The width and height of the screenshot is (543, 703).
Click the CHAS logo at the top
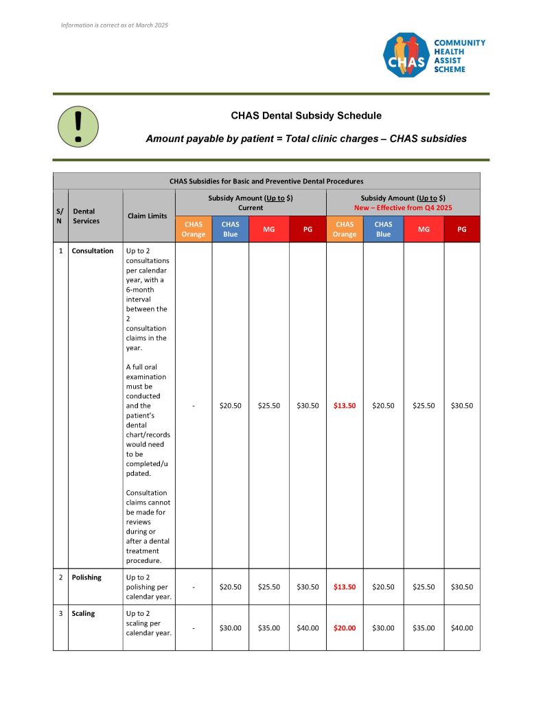click(406, 56)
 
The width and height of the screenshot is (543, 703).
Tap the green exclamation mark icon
click(78, 126)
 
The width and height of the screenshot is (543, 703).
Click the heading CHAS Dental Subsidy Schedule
click(306, 115)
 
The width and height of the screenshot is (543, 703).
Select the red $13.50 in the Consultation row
click(345, 406)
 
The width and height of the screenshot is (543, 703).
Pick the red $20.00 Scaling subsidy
click(345, 627)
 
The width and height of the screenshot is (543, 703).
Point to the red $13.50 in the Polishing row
click(345, 587)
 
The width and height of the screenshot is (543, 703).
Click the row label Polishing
click(86, 577)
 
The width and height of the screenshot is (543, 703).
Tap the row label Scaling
click(83, 614)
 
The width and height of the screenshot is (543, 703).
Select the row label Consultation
click(93, 251)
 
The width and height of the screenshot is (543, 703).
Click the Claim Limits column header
click(148, 216)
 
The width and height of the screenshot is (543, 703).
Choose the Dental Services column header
click(86, 216)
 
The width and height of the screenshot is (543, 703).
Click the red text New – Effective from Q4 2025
click(403, 207)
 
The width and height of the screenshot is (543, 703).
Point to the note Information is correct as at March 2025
click(115, 25)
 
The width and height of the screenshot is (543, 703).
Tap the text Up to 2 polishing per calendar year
click(148, 587)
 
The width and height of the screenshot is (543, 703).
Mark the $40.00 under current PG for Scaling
click(308, 627)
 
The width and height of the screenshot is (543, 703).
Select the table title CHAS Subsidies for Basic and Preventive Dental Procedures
click(266, 181)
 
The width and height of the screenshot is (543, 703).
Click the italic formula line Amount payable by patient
click(306, 139)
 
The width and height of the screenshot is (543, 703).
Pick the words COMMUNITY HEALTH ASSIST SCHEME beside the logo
click(459, 56)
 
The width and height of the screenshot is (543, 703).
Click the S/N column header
click(60, 216)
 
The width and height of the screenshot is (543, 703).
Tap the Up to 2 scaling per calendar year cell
click(148, 623)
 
